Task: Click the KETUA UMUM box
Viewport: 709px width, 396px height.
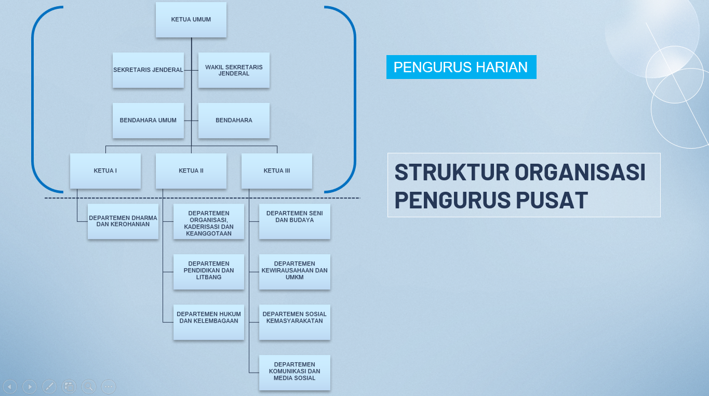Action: pyautogui.click(x=191, y=20)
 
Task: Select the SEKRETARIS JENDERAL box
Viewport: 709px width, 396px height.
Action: pyautogui.click(x=148, y=70)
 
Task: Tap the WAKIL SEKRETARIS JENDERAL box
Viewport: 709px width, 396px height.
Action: pyautogui.click(x=234, y=70)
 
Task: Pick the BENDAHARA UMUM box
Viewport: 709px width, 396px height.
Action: pyautogui.click(x=148, y=121)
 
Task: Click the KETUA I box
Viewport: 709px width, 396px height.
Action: pyautogui.click(x=105, y=171)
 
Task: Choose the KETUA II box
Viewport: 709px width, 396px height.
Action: pyautogui.click(x=191, y=171)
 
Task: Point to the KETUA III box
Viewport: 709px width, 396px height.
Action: pyautogui.click(x=277, y=171)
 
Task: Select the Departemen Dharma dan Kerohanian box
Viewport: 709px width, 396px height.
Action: pyautogui.click(x=123, y=221)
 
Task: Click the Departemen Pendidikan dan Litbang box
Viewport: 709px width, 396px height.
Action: pyautogui.click(x=209, y=271)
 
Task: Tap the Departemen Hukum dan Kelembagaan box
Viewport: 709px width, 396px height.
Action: pyautogui.click(x=209, y=322)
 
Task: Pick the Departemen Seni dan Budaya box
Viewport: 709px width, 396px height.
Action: pyautogui.click(x=295, y=221)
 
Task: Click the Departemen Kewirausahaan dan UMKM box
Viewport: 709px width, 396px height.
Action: pyautogui.click(x=295, y=271)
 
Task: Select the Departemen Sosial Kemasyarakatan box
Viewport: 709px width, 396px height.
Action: pyautogui.click(x=295, y=322)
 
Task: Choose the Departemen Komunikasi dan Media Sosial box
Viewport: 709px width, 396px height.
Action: pyautogui.click(x=295, y=372)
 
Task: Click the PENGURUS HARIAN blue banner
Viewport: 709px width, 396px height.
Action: pyautogui.click(x=461, y=67)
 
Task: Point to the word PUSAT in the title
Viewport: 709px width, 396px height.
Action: pyautogui.click(x=552, y=200)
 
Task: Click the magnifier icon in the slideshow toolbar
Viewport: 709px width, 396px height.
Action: pyautogui.click(x=89, y=387)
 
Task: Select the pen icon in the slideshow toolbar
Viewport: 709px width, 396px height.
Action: pyautogui.click(x=49, y=387)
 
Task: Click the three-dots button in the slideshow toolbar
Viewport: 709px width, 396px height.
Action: pyautogui.click(x=109, y=387)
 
